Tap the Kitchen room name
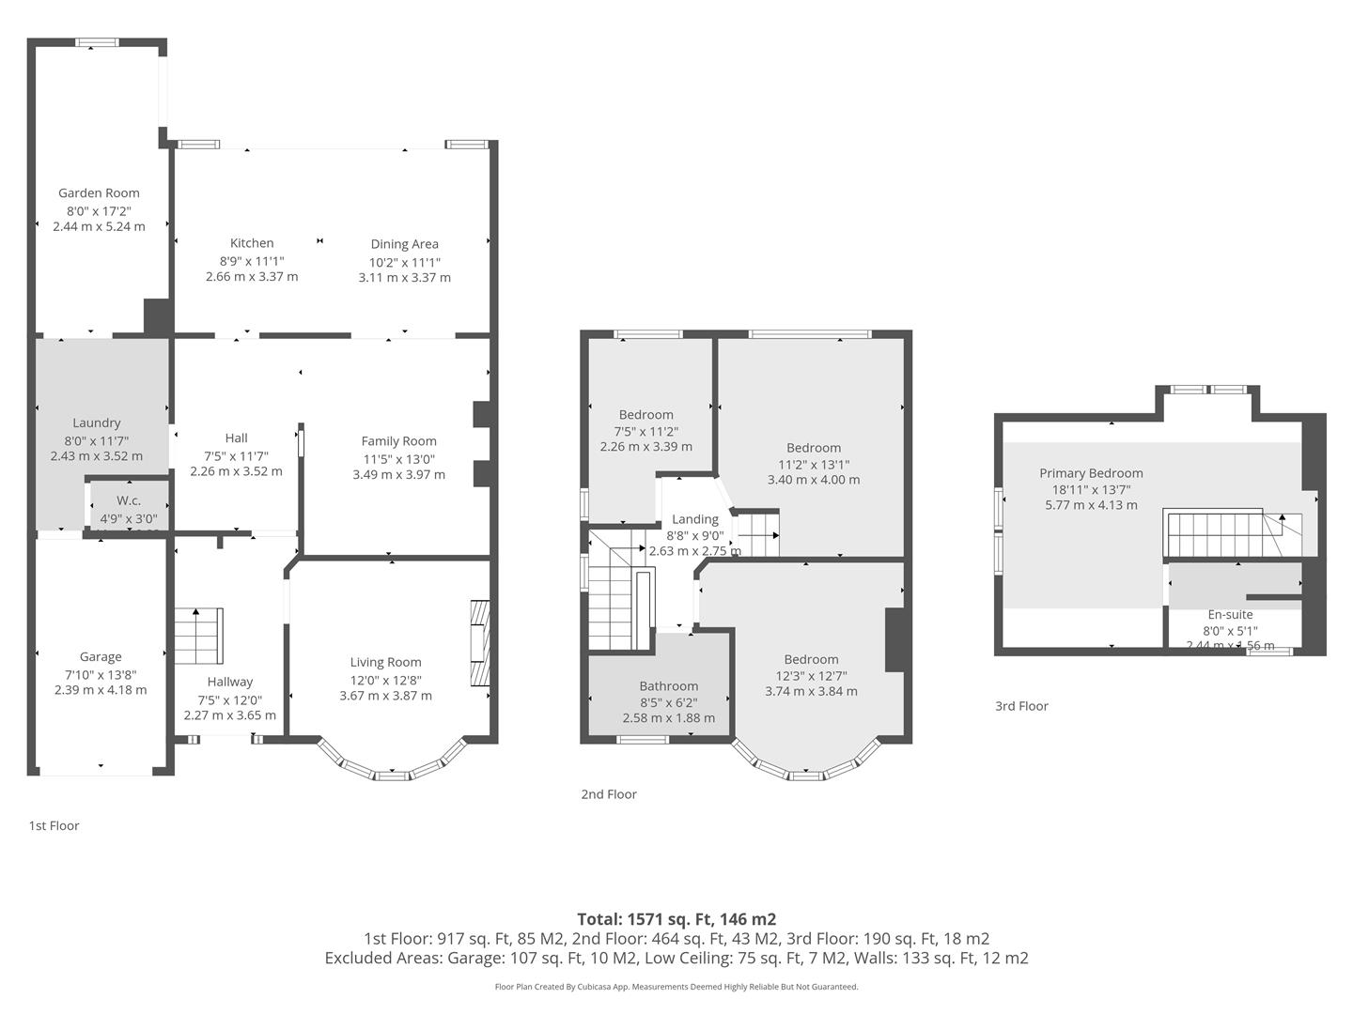252,243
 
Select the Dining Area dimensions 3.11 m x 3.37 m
404,278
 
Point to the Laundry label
96,423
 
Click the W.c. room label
129,500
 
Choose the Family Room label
398,441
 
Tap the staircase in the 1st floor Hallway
197,636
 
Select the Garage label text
101,657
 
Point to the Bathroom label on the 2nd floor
668,686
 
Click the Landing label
695,519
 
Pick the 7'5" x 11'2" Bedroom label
645,415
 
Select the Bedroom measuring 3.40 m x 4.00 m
813,448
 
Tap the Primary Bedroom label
1091,473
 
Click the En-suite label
1230,615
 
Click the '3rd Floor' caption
1021,706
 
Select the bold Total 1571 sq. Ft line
676,919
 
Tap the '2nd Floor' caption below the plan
609,794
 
